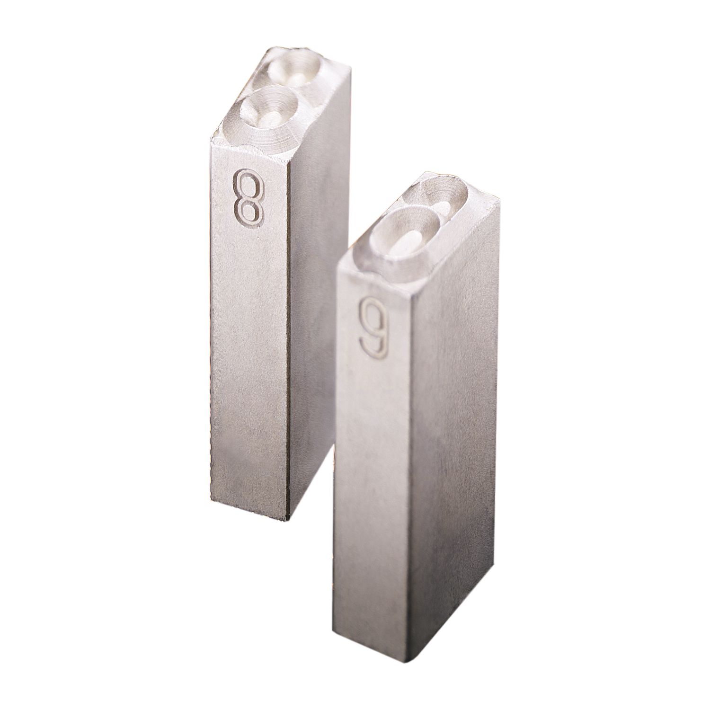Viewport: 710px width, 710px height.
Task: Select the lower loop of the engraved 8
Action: pyautogui.click(x=248, y=211)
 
